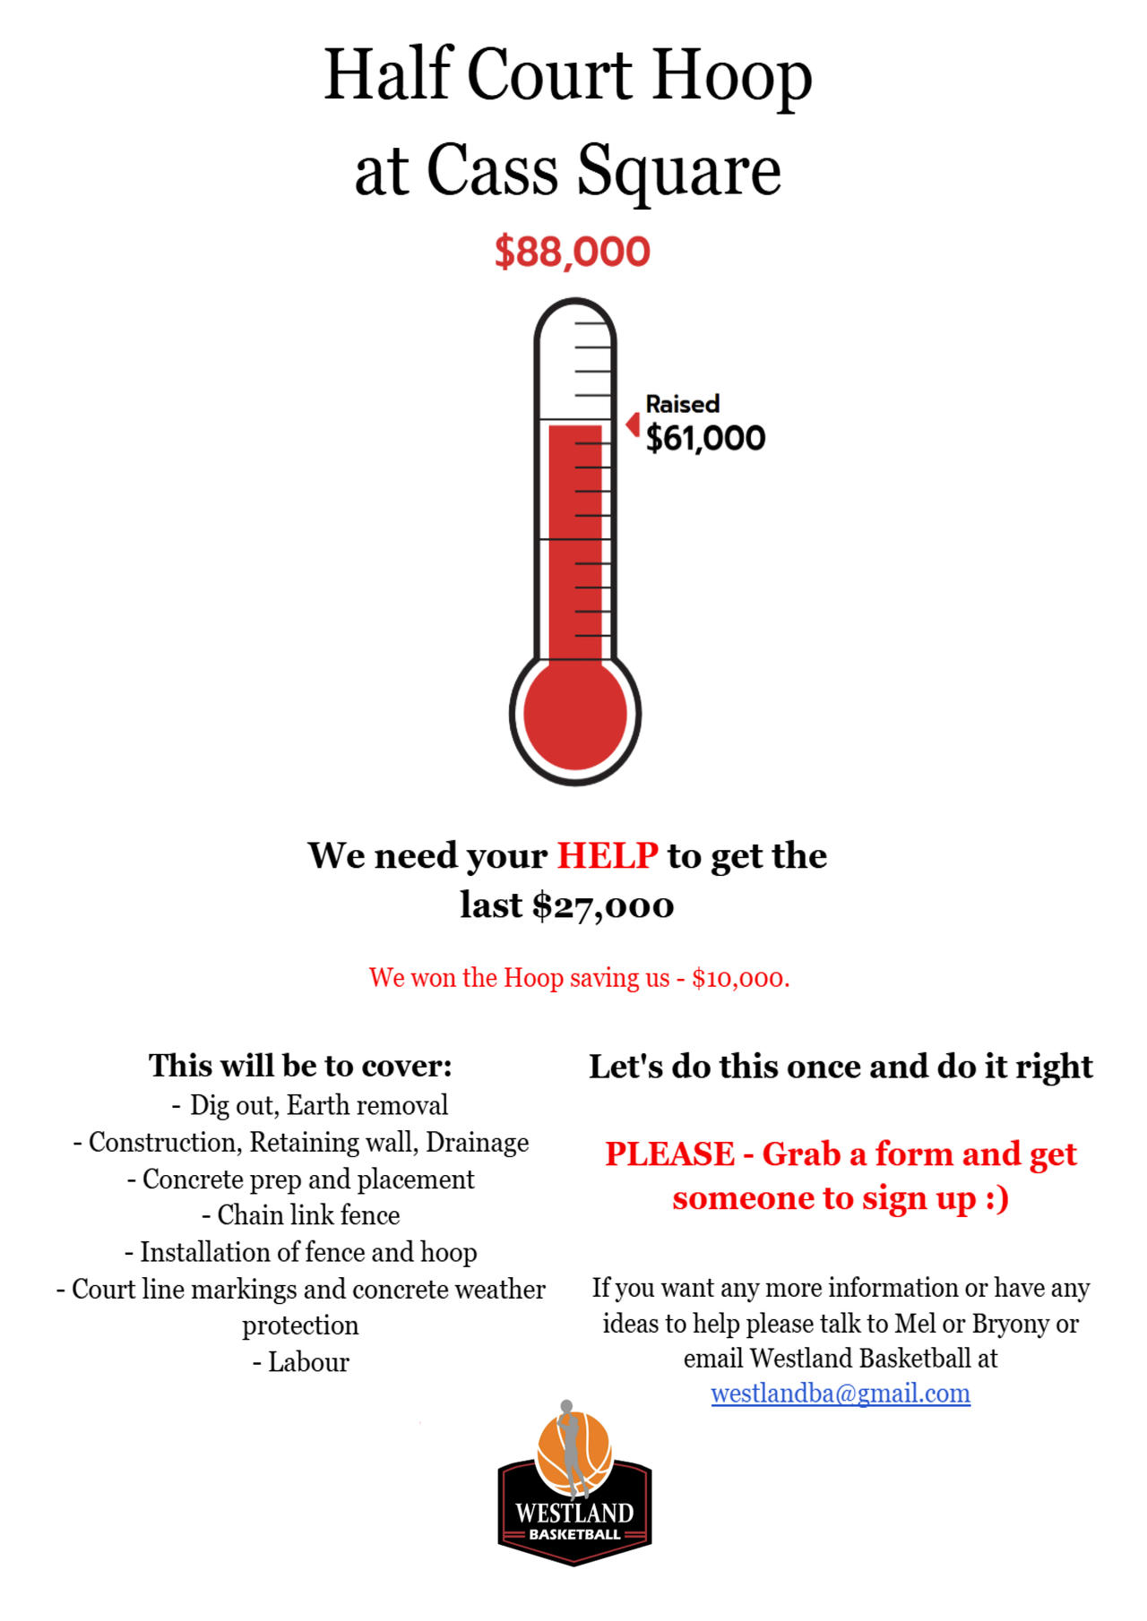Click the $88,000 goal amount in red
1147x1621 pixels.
click(572, 252)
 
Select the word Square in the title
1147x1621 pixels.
click(678, 170)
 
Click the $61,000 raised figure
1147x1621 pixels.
click(705, 438)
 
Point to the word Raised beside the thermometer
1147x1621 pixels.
click(682, 404)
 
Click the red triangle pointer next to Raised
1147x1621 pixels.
click(634, 424)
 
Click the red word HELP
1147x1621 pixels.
click(608, 856)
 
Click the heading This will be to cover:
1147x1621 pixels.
click(300, 1066)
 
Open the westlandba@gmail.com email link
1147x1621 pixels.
click(840, 1394)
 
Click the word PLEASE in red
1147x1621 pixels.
click(669, 1154)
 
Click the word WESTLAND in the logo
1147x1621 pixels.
click(574, 1513)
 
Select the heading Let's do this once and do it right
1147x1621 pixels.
click(840, 1067)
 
